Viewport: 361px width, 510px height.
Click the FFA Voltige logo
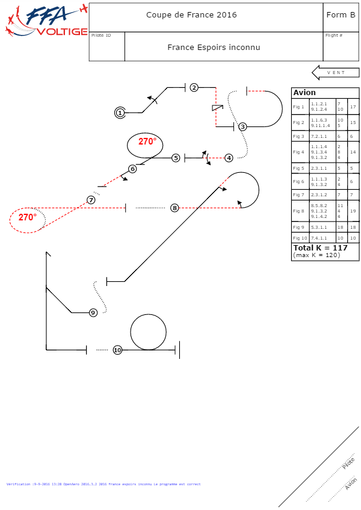tap(45, 22)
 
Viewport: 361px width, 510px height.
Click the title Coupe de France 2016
tap(191, 15)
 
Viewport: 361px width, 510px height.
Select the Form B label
tap(340, 15)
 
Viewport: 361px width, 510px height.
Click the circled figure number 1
tap(120, 113)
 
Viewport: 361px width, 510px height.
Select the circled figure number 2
tap(194, 87)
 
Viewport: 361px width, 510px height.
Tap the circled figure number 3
tap(242, 126)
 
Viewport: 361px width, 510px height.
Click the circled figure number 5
tap(176, 158)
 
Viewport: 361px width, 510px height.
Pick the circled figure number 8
tap(174, 208)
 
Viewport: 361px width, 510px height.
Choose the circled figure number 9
tap(93, 313)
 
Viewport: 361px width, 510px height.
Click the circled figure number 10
tap(117, 350)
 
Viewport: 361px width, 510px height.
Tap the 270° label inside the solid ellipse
tap(147, 141)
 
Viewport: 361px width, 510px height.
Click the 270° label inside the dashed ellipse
tap(27, 217)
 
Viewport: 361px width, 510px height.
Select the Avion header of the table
tap(304, 93)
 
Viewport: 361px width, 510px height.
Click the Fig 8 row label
tap(299, 211)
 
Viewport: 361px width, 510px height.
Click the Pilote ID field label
tap(101, 36)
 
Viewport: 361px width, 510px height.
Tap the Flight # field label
tap(334, 36)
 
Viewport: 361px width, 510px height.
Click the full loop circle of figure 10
tap(148, 332)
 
